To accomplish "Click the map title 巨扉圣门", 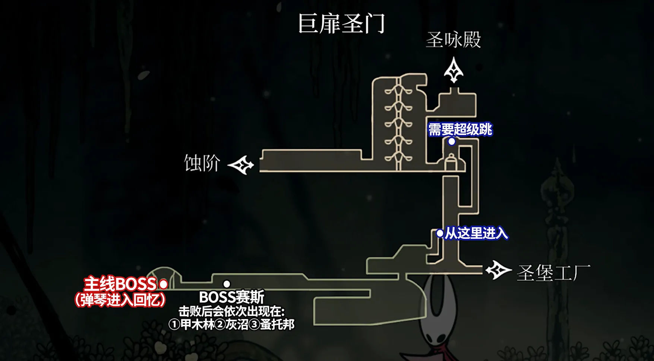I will click(341, 24).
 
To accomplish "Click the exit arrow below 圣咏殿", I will click(454, 70).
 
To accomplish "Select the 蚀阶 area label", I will click(202, 163).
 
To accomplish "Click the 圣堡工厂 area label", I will click(553, 273).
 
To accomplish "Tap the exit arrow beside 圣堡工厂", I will click(497, 271).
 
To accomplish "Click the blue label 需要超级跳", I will click(460, 130).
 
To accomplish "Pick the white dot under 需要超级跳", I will click(452, 141).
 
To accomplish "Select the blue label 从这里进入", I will click(476, 233).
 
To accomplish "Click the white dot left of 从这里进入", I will click(440, 234).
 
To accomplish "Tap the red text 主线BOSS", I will click(120, 284).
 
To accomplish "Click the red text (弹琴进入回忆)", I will click(120, 300).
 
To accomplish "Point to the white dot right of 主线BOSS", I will click(163, 284).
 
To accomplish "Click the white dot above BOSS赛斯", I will click(227, 284).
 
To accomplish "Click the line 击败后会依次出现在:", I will click(231, 311).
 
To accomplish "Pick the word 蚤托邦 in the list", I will click(277, 325).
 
